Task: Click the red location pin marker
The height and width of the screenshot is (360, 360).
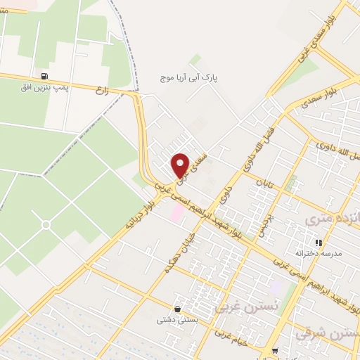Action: [x=181, y=165]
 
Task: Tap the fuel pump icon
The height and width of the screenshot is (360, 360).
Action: [x=46, y=76]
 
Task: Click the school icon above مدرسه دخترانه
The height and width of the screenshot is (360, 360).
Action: [x=319, y=242]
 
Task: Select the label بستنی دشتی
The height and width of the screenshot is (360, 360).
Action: [x=176, y=319]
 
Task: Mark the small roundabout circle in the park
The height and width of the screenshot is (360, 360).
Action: [x=46, y=225]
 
